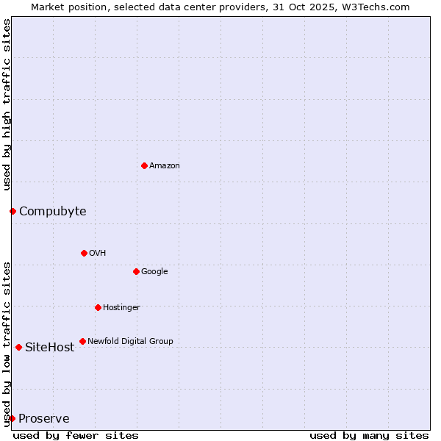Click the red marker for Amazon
[144, 165]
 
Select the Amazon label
[165, 166]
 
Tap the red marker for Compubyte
[12, 212]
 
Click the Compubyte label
[52, 212]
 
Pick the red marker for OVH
[84, 253]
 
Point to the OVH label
[98, 254]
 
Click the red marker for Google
[136, 271]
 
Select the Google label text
[154, 272]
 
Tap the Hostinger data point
[98, 307]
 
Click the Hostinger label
[121, 308]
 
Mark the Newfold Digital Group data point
[82, 341]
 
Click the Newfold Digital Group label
[130, 342]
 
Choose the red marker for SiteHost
[18, 347]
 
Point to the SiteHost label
[49, 348]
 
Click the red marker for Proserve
[12, 418]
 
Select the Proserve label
[44, 419]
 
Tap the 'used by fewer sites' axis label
[76, 435]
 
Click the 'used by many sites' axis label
[369, 435]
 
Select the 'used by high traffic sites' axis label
[7, 104]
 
